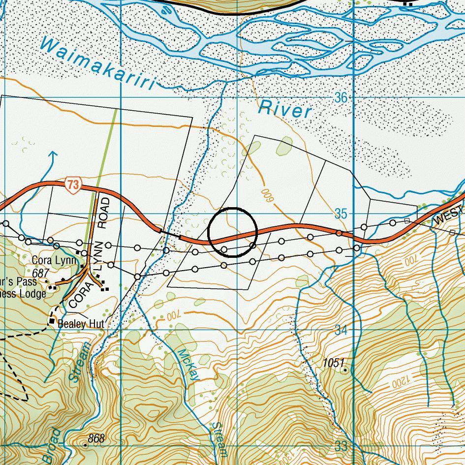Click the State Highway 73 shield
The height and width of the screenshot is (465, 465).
click(73, 186)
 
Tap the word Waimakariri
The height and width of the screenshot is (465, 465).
click(98, 64)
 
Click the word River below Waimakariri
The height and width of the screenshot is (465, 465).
click(285, 109)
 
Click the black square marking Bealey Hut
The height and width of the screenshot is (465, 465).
click(52, 321)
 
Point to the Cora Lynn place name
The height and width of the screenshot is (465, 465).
click(54, 260)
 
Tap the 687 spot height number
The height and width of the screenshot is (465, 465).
click(41, 273)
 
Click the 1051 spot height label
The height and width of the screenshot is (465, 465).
click(333, 363)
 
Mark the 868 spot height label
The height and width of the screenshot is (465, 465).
click(96, 438)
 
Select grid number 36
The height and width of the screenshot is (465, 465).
click(341, 97)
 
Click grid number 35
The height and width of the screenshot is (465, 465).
click(341, 214)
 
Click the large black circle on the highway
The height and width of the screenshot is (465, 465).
click(233, 232)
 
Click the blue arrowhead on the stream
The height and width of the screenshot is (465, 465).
click(53, 155)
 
